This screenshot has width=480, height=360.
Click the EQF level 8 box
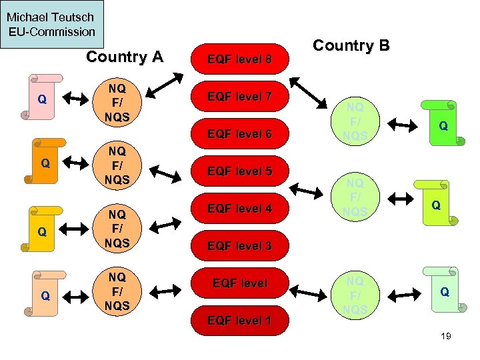click(239, 60)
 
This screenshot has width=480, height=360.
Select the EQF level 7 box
click(239, 97)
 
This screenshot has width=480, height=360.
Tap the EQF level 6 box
click(239, 135)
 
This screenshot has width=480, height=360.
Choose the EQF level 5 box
click(239, 171)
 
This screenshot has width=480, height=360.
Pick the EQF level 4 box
click(239, 209)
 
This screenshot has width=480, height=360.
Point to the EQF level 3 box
click(239, 246)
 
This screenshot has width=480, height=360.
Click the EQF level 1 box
click(239, 321)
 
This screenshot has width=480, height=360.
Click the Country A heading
click(125, 57)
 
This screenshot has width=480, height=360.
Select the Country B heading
click(351, 46)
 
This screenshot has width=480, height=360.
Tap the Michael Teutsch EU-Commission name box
click(52, 25)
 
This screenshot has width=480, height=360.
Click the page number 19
click(446, 336)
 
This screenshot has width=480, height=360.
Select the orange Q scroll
click(43, 161)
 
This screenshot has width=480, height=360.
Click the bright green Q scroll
click(439, 124)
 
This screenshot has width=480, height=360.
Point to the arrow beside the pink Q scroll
click(75, 101)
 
